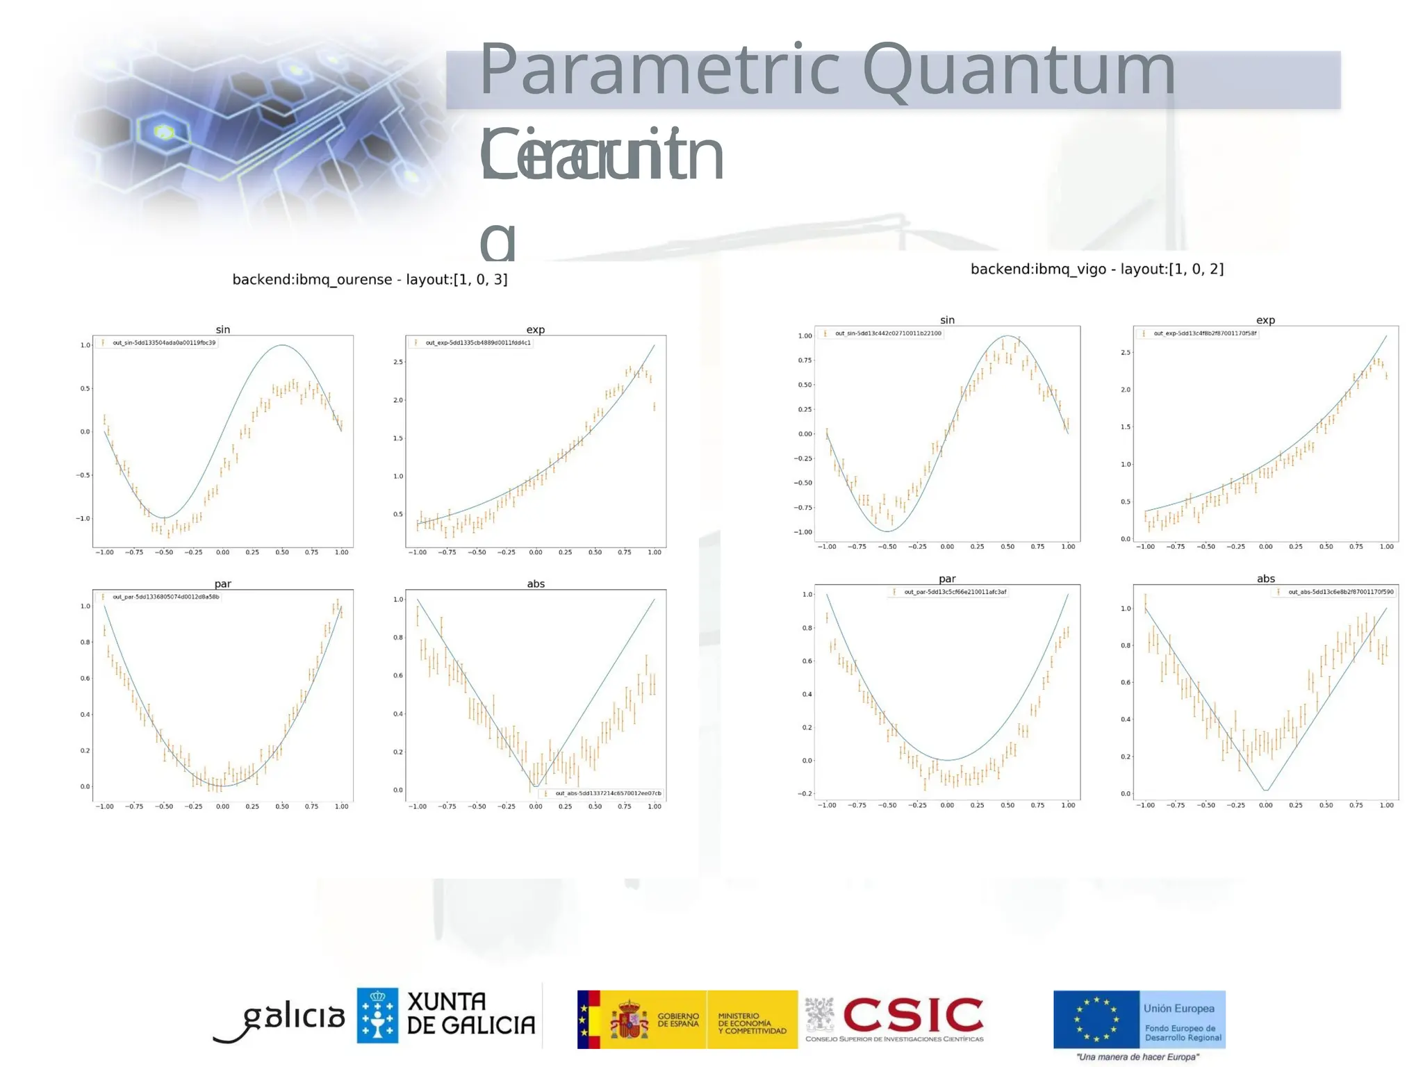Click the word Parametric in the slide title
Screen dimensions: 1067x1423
click(x=659, y=70)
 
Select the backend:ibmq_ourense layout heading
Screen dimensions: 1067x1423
click(x=370, y=279)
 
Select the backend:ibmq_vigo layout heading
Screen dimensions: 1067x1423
click(x=1096, y=269)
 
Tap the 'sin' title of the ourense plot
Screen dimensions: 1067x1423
click(x=222, y=329)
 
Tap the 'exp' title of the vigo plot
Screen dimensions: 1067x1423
click(x=1265, y=320)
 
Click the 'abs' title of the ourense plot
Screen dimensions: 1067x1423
click(x=535, y=584)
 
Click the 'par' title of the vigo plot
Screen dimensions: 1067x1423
click(x=947, y=579)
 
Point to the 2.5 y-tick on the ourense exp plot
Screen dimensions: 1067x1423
click(x=398, y=362)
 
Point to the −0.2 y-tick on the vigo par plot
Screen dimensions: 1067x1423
click(x=805, y=793)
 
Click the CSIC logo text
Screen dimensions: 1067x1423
click(x=913, y=1016)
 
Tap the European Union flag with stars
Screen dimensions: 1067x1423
click(x=1096, y=1019)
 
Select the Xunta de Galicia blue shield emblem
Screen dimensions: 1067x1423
click(x=377, y=1015)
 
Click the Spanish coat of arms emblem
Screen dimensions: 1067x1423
click(x=629, y=1019)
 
